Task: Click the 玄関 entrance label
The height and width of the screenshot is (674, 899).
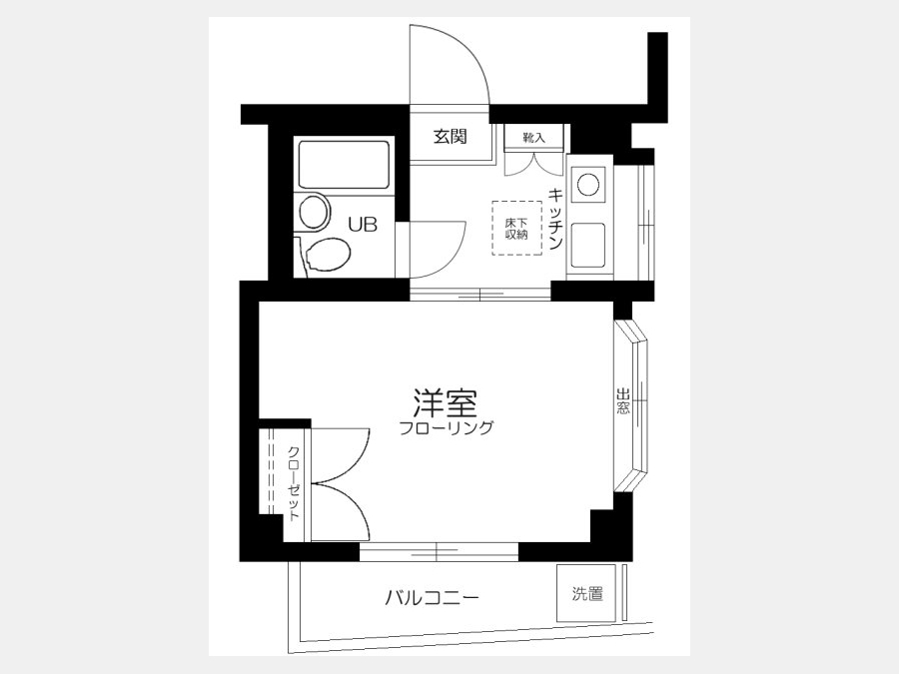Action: [x=450, y=137]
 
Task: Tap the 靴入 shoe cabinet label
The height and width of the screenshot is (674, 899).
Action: [x=533, y=138]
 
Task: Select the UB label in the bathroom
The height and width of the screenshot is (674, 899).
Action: [x=364, y=225]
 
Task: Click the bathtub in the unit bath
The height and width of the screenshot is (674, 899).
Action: [x=344, y=165]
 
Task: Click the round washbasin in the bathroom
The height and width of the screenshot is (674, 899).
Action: [x=315, y=211]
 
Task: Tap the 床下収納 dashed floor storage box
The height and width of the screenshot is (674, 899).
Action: [x=516, y=228]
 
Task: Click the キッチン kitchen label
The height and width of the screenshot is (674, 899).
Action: [x=555, y=220]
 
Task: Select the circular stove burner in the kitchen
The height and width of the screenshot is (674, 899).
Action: [x=588, y=185]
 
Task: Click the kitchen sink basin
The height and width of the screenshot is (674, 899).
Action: [x=587, y=245]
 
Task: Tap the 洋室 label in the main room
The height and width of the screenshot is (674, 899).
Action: [x=446, y=403]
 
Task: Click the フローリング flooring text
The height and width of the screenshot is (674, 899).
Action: [x=447, y=428]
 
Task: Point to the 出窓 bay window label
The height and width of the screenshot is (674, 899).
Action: [x=623, y=401]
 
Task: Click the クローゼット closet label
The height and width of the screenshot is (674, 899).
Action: [x=294, y=483]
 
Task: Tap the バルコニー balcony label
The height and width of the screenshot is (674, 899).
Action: [x=432, y=599]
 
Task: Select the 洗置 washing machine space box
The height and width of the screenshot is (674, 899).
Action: [x=586, y=593]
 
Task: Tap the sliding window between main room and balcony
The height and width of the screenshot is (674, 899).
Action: [x=439, y=552]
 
